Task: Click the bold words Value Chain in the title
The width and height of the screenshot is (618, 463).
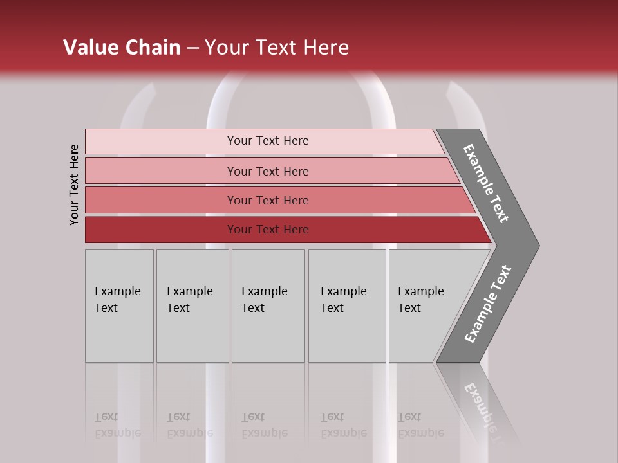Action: click(122, 48)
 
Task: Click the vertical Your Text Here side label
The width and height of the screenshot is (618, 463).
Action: click(74, 185)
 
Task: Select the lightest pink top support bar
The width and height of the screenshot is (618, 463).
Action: click(161, 141)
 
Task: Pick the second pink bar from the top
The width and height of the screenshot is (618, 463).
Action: click(161, 171)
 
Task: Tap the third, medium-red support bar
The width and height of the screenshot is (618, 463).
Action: click(161, 200)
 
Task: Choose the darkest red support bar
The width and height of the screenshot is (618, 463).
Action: click(161, 230)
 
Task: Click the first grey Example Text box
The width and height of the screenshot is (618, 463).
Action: click(119, 334)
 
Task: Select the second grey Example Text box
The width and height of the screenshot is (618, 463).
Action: click(192, 334)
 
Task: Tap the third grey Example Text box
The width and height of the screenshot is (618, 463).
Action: click(268, 334)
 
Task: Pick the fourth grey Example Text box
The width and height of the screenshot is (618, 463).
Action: click(347, 334)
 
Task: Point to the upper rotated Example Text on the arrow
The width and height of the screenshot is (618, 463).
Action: click(486, 183)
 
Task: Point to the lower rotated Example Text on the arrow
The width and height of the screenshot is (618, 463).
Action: click(488, 304)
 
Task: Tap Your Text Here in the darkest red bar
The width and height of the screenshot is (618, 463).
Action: click(268, 230)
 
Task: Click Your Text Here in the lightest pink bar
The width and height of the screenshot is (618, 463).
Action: click(268, 141)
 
